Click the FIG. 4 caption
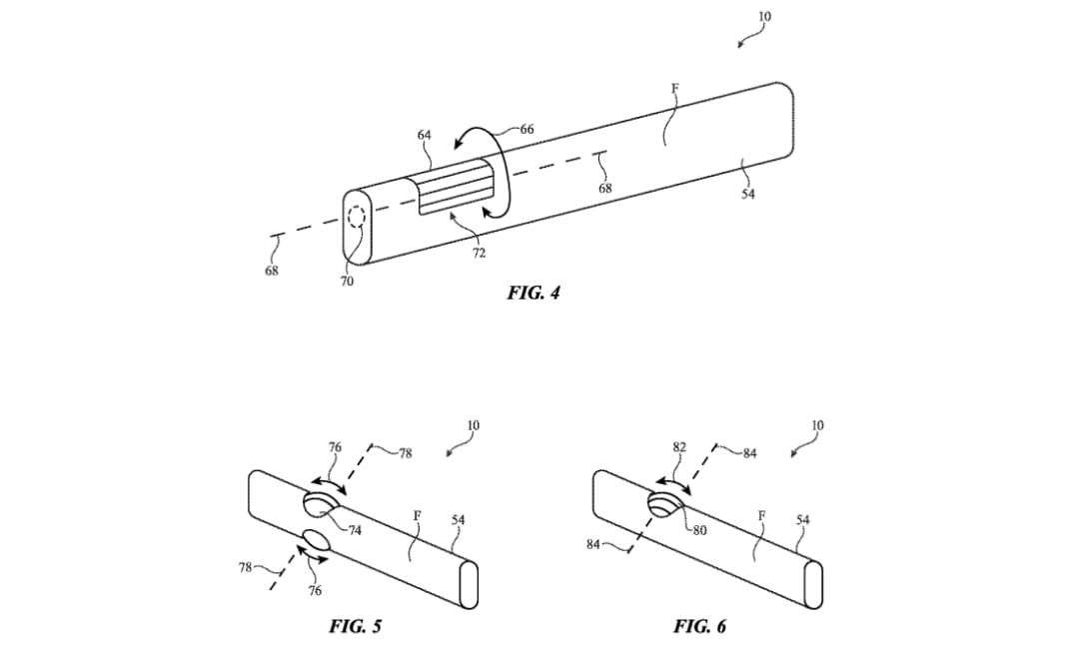(x=534, y=293)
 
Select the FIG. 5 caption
(x=355, y=626)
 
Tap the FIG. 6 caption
(x=699, y=626)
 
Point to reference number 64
(x=424, y=136)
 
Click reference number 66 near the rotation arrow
(x=527, y=129)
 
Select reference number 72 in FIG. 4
(x=479, y=253)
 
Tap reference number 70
(x=347, y=281)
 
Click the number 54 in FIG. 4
(x=748, y=194)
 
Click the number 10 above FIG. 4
(x=764, y=17)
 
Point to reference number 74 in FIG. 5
(x=355, y=530)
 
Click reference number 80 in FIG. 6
(x=699, y=530)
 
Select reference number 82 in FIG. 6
(x=679, y=447)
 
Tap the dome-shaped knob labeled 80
(x=663, y=504)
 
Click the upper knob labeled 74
(x=319, y=504)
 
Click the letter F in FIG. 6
(x=761, y=515)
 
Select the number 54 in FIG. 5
(x=458, y=520)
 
